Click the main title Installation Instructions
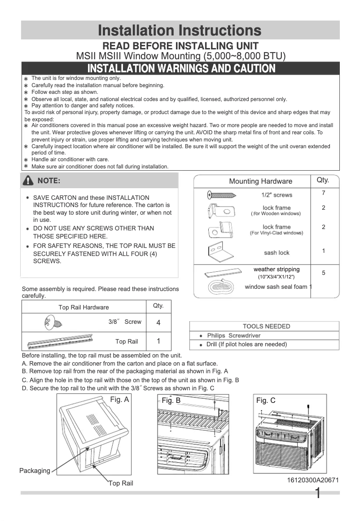click(x=180, y=31)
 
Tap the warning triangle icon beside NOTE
click(x=29, y=181)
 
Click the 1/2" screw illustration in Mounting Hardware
click(x=222, y=195)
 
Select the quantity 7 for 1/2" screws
click(x=323, y=193)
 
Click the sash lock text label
click(x=277, y=253)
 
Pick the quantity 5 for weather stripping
click(x=323, y=273)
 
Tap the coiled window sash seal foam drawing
click(x=222, y=288)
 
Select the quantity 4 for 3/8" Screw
click(x=158, y=322)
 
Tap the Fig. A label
click(x=119, y=399)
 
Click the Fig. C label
click(x=266, y=400)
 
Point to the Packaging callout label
click(x=35, y=471)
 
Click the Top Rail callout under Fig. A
click(x=121, y=483)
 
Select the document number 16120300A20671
click(x=313, y=480)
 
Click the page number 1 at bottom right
click(x=318, y=494)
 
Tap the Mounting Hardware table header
click(x=260, y=181)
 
